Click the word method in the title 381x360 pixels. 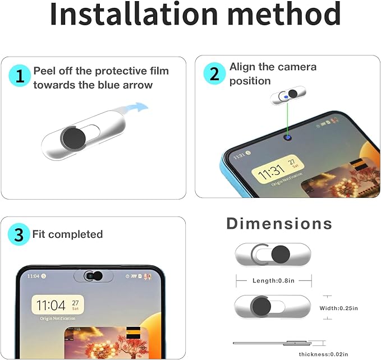(x=283, y=15)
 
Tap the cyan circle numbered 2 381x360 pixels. (x=214, y=74)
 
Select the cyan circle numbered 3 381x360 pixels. (x=19, y=234)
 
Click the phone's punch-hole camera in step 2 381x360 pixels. (x=288, y=136)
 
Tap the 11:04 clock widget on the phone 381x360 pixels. (x=58, y=306)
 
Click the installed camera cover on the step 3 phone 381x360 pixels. (x=93, y=276)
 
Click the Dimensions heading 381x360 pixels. (x=279, y=224)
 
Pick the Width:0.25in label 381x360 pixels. (x=338, y=308)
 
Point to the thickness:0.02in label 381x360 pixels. (x=323, y=354)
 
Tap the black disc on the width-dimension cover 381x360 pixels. (x=260, y=306)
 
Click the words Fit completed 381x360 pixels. (x=67, y=234)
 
